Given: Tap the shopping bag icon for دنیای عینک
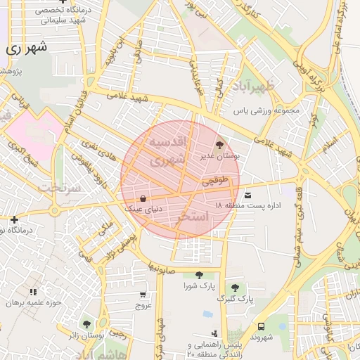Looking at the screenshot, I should tap(143, 198).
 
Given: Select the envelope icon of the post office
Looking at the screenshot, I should tap(247, 195).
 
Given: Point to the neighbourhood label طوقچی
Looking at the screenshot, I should tap(216, 181).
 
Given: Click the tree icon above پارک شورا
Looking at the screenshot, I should tap(199, 275).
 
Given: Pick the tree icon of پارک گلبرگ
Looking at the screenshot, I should tap(235, 288).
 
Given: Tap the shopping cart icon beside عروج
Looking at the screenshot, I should tap(143, 295).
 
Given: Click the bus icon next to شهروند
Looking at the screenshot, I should tap(262, 326).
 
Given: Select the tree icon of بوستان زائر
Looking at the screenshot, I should tap(86, 325).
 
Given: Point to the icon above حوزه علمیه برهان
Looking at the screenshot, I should tap(33, 292).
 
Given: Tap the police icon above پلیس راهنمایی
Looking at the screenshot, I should tap(214, 333).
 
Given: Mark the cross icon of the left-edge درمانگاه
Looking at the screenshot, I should tap(14, 220).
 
